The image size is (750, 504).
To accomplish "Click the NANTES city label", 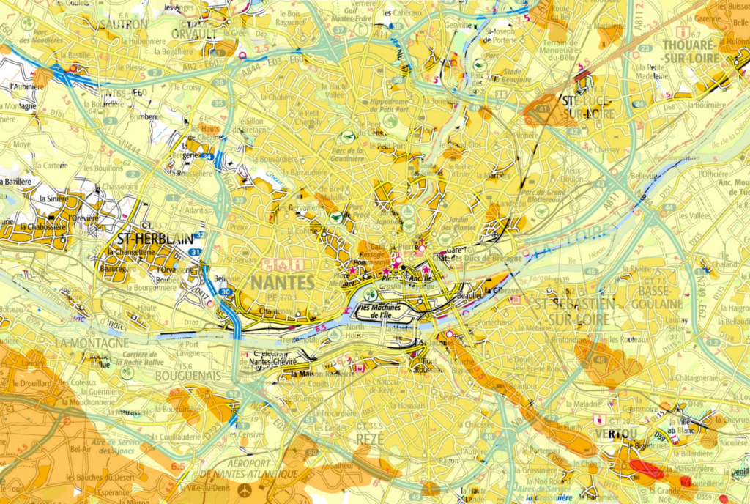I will pyautogui.click(x=282, y=282).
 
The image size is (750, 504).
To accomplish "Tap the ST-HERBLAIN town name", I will pyautogui.click(x=155, y=238).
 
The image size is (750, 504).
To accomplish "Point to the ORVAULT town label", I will pyautogui.click(x=193, y=34).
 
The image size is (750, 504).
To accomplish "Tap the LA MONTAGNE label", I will pyautogui.click(x=91, y=342).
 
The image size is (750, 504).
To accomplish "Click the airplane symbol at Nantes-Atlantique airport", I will pyautogui.click(x=245, y=489).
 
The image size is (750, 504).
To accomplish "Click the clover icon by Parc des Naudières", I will pyautogui.click(x=28, y=23).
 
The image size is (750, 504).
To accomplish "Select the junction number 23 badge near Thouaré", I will pyautogui.click(x=645, y=48).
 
